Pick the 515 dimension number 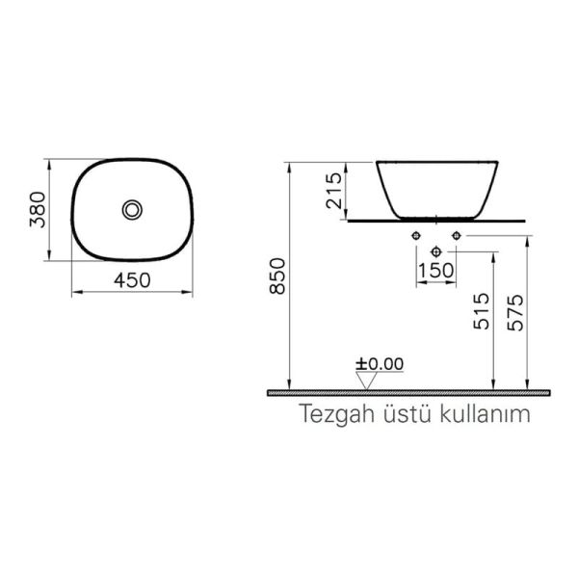(x=483, y=314)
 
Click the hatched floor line (x=409, y=393)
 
